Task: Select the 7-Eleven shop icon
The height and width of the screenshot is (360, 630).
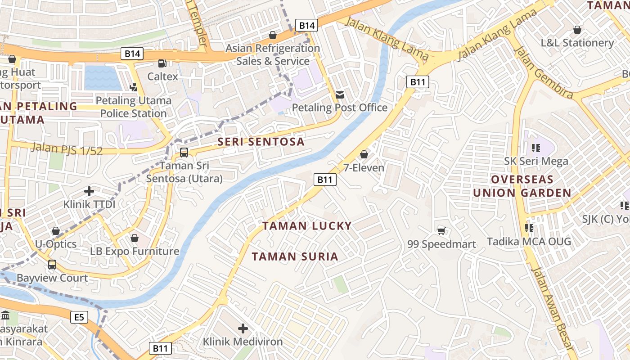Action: [x=364, y=155]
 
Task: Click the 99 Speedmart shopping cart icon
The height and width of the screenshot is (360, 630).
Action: [x=441, y=231]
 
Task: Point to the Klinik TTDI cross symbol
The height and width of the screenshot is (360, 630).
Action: [x=89, y=191]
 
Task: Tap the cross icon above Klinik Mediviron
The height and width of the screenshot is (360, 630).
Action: [x=243, y=328]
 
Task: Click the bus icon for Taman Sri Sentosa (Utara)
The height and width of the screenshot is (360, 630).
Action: [x=184, y=153]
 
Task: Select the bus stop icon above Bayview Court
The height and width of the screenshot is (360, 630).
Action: [x=52, y=265]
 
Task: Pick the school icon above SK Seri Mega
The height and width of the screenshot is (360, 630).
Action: [x=535, y=148]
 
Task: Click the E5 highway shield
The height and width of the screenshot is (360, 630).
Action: [x=79, y=318]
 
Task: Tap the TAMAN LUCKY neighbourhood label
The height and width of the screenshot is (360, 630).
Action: [x=307, y=226]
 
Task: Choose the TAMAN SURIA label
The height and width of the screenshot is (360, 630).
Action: [x=295, y=256]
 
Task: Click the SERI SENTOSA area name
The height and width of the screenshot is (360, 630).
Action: [x=261, y=142]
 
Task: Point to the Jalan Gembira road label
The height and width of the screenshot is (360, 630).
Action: [x=544, y=72]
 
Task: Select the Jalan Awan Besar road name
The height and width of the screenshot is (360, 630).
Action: [x=553, y=308]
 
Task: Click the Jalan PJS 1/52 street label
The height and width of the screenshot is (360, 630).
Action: [x=67, y=148]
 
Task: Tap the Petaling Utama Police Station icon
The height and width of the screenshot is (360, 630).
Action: [x=133, y=87]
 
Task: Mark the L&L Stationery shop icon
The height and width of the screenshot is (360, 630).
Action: [x=577, y=30]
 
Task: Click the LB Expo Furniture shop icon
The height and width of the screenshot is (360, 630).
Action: [x=134, y=238]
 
